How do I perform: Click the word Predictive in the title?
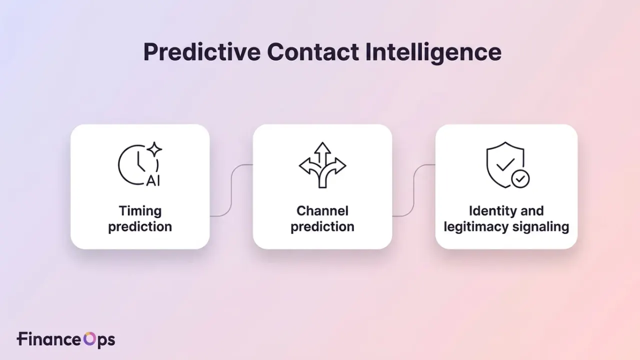(202, 52)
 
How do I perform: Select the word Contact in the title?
(313, 52)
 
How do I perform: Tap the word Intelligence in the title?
(433, 53)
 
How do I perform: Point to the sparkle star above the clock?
(154, 149)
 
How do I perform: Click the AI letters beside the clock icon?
(153, 181)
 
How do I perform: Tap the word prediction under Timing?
(140, 227)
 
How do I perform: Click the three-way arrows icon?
(322, 165)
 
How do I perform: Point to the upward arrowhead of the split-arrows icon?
(322, 147)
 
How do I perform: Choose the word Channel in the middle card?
(322, 211)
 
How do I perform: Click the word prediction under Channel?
(322, 227)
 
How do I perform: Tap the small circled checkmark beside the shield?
(520, 179)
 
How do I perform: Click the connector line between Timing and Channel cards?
(231, 190)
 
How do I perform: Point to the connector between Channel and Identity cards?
(413, 190)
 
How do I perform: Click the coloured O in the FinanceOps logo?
(89, 339)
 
